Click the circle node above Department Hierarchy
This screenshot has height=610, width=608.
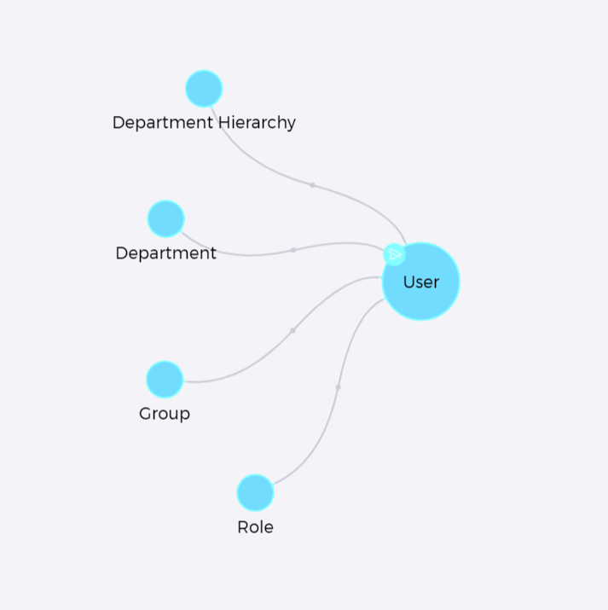pos(204,89)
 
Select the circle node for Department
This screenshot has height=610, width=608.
pos(165,218)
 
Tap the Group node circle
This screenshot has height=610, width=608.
pos(165,380)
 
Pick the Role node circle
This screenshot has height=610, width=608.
pos(255,492)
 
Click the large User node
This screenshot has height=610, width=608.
pos(421,282)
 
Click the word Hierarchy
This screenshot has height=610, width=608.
pos(257,123)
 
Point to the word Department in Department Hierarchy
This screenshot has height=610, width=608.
pos(163,123)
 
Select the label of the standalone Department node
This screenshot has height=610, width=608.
pos(165,253)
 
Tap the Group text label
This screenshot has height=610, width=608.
pos(165,414)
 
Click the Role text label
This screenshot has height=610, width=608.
pos(255,527)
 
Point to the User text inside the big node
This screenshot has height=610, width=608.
pos(421,282)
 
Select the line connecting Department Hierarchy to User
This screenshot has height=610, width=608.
pos(312,185)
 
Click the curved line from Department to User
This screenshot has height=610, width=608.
pos(293,251)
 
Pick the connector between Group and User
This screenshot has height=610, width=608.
pos(292,331)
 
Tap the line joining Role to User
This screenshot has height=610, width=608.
pos(338,387)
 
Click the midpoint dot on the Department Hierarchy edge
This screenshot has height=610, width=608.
pos(312,185)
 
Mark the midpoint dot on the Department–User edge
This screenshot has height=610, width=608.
pos(293,251)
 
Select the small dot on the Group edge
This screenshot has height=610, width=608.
pos(292,331)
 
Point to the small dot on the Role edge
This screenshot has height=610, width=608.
pos(338,387)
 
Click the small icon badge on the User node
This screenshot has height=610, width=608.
pos(394,255)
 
